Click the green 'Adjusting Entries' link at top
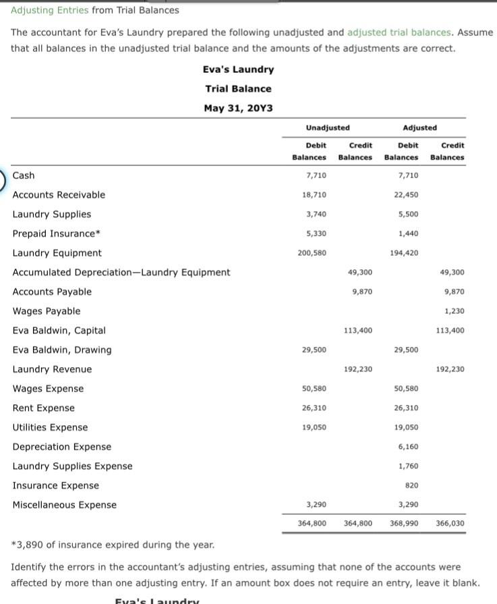(x=49, y=10)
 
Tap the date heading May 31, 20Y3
(x=239, y=108)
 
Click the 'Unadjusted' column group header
(x=328, y=128)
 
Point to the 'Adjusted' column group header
(x=419, y=128)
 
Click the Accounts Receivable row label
(x=59, y=195)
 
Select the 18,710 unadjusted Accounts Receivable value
(x=316, y=195)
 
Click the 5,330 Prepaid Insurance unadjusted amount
(x=316, y=234)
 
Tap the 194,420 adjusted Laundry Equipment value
(x=405, y=253)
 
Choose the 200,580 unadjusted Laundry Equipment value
(x=313, y=253)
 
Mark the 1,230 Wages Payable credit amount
(x=454, y=311)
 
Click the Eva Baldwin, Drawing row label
(x=62, y=350)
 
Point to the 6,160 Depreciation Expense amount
(x=407, y=447)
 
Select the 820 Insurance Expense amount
(x=411, y=486)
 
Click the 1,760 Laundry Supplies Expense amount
(x=407, y=466)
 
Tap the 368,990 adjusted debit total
(x=404, y=523)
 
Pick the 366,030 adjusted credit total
(x=450, y=523)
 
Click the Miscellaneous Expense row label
(x=64, y=505)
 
